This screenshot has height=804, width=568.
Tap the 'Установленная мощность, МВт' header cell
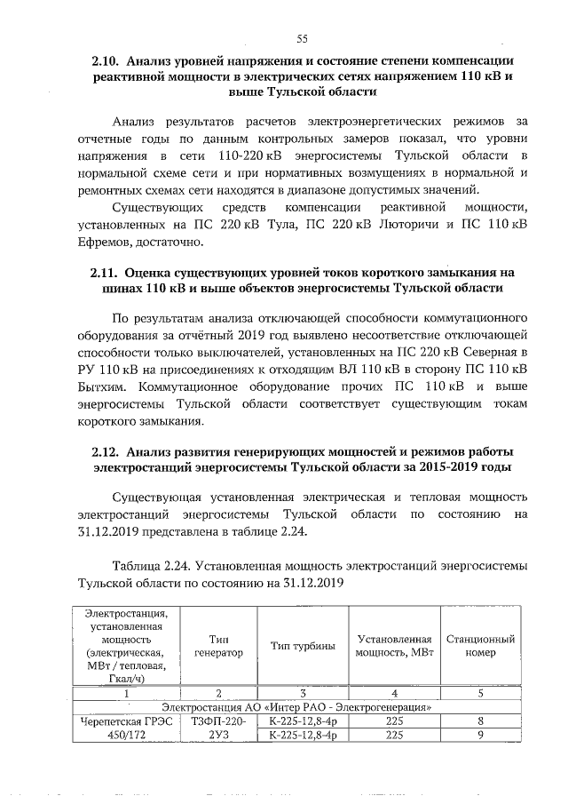point(394,646)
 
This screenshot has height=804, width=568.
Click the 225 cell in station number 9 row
point(394,736)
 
